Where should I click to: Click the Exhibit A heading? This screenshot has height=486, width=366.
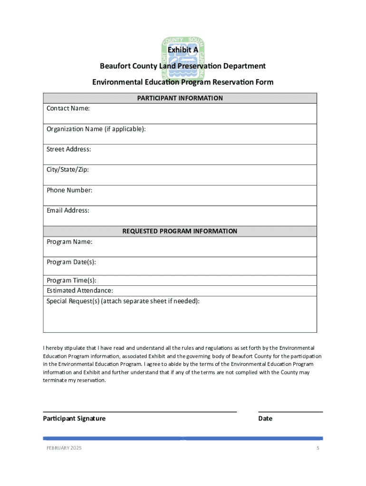coord(183,50)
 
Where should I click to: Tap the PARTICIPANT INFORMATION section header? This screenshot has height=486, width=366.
coord(180,98)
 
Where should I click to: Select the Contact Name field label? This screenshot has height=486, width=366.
coord(68,109)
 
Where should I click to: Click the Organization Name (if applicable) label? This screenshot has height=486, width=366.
coord(96,129)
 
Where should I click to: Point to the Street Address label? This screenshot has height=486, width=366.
coord(68,150)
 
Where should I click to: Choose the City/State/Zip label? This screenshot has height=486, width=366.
coord(67,170)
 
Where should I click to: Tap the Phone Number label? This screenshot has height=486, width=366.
coord(69,190)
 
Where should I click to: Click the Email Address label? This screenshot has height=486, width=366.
coord(67,211)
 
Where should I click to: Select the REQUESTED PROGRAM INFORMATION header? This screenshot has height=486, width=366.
coord(180,231)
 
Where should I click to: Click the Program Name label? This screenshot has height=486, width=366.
coord(69,242)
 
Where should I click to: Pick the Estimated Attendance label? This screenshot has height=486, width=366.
coord(79,290)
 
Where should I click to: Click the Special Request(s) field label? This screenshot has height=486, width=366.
coord(123,301)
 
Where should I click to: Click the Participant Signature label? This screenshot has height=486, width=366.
coord(74,419)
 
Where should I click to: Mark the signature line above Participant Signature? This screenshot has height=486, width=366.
coord(140,412)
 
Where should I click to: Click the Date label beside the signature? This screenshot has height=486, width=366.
coord(265,419)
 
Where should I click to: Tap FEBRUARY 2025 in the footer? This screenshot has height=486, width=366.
coord(64,449)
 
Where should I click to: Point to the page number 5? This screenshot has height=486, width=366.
coord(318,449)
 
